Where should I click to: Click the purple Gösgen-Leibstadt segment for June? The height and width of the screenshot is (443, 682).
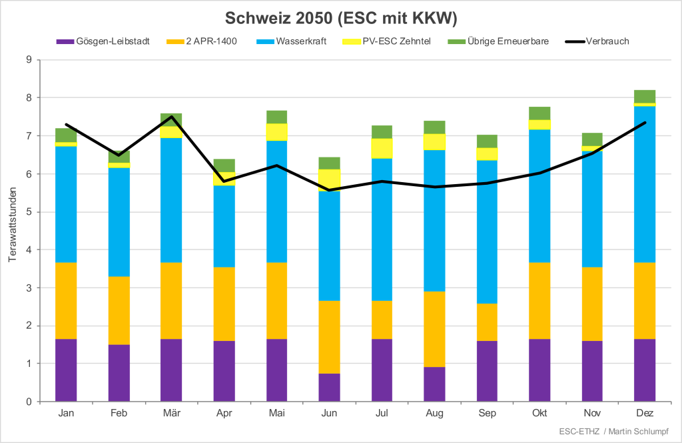pos(329,388)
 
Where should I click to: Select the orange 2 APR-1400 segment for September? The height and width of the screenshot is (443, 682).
pos(487,322)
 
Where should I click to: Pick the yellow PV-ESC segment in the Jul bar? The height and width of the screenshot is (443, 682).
pos(382,148)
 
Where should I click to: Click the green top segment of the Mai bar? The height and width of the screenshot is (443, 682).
pos(276,117)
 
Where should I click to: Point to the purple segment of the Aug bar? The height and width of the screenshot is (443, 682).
pos(434,384)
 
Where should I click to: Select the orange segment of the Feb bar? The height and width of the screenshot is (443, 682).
pos(119,310)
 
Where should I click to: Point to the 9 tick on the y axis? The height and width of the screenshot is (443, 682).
pos(29,59)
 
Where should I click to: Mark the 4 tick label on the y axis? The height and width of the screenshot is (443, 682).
pos(29,250)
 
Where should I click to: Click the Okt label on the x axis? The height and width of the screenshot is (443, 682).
pos(539,414)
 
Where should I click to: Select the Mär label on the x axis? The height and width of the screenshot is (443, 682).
pos(171,414)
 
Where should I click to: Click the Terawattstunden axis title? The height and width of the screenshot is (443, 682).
pos(13,230)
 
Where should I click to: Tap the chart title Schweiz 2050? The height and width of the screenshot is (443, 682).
pos(340,17)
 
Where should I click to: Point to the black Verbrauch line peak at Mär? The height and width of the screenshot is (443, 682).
pos(171,117)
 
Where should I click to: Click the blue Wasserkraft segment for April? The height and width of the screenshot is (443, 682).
pos(224,226)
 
